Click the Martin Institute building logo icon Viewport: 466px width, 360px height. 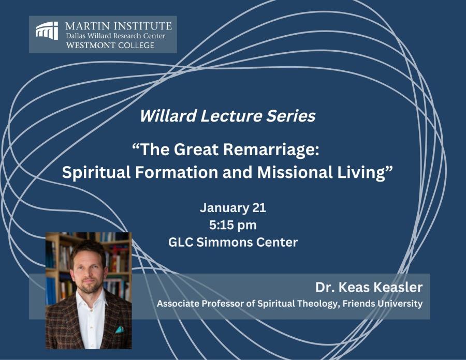coord(47,31)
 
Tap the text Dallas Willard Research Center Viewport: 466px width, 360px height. coord(115,36)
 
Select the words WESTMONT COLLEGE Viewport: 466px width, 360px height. coord(110,46)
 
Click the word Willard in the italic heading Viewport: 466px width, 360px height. coord(168,115)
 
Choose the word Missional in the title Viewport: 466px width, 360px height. coord(295,172)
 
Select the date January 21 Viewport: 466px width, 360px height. coord(233,208)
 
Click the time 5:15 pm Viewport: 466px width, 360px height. coord(233,226)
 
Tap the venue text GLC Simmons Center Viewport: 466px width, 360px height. coord(233,242)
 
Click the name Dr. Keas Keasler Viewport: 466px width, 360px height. coord(369,287)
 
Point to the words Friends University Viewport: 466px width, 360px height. coord(383,304)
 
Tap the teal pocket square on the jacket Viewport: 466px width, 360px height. coord(120,329)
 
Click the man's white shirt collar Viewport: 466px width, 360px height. coord(91,298)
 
